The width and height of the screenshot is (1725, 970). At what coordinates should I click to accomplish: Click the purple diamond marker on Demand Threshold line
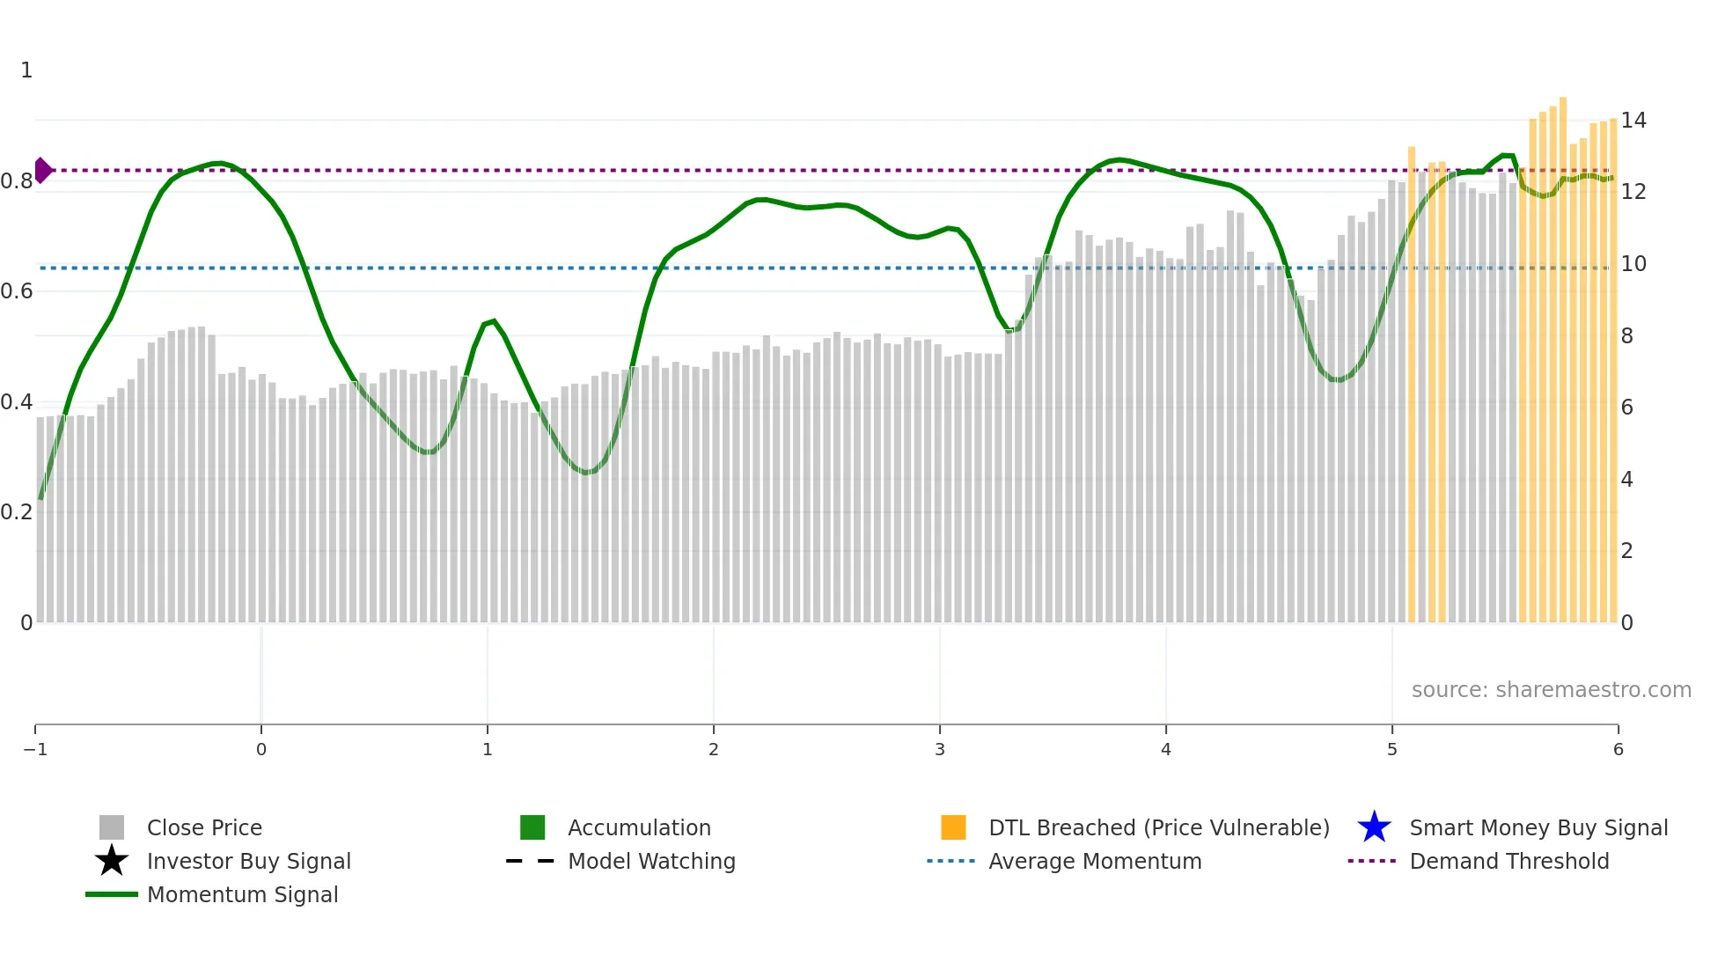pyautogui.click(x=42, y=170)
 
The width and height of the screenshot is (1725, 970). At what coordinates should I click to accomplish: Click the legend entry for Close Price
pyautogui.click(x=203, y=827)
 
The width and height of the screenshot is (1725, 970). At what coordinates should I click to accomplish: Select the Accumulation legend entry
pyautogui.click(x=638, y=827)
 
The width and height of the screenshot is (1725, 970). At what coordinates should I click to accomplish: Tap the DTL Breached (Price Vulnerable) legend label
pyautogui.click(x=1158, y=827)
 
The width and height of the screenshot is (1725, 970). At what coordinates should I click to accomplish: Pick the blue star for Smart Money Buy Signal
pyautogui.click(x=1374, y=827)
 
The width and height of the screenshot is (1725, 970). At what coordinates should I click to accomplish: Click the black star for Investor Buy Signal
pyautogui.click(x=112, y=861)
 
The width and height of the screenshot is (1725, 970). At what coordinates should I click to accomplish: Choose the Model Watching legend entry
pyautogui.click(x=650, y=861)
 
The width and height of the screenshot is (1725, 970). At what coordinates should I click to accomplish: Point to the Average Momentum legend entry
pyautogui.click(x=1094, y=861)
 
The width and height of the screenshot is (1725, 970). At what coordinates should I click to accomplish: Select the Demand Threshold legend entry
pyautogui.click(x=1508, y=861)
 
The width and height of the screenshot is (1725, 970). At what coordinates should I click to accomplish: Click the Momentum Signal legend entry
pyautogui.click(x=242, y=894)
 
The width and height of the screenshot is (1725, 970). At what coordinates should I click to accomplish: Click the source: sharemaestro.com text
pyautogui.click(x=1551, y=689)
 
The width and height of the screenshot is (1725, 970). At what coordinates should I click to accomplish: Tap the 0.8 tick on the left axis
pyautogui.click(x=17, y=181)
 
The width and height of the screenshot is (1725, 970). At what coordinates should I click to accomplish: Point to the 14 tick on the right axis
pyautogui.click(x=1633, y=120)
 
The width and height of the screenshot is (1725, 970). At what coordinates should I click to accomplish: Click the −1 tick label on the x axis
pyautogui.click(x=35, y=749)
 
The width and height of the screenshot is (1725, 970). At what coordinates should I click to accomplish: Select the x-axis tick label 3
pyautogui.click(x=940, y=749)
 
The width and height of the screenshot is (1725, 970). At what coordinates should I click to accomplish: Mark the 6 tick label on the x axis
pyautogui.click(x=1618, y=749)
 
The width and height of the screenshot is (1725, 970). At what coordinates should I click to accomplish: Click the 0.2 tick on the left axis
pyautogui.click(x=17, y=512)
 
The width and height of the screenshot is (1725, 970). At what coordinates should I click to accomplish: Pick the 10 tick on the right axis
pyautogui.click(x=1633, y=263)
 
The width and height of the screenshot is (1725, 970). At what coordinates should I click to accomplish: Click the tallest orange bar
pyautogui.click(x=1563, y=352)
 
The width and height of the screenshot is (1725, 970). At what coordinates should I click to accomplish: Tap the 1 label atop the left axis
pyautogui.click(x=26, y=70)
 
